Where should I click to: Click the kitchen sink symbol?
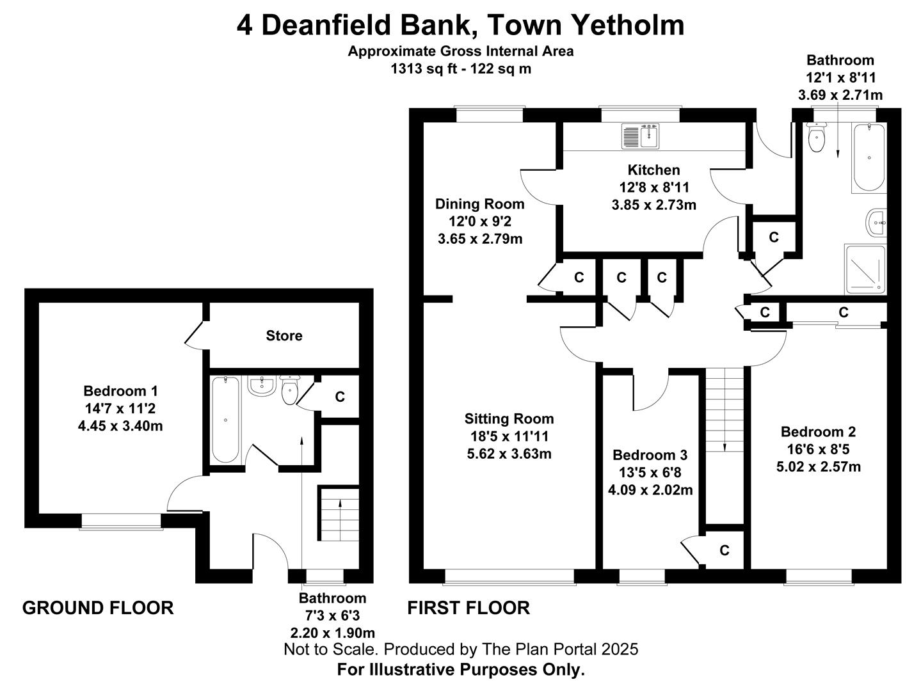tap(640, 136)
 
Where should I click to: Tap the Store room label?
tap(284, 335)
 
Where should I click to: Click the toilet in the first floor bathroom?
tap(816, 137)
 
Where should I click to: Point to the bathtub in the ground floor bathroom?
tap(226, 419)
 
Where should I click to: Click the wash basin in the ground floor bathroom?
tap(262, 386)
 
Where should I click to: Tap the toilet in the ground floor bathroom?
tap(289, 390)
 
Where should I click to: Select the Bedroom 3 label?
tap(650, 455)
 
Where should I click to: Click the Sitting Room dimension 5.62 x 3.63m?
tap(509, 454)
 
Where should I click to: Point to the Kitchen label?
tap(653, 170)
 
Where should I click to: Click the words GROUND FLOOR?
tap(98, 608)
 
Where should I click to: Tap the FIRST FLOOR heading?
tap(469, 608)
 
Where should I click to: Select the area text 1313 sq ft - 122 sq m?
tap(461, 68)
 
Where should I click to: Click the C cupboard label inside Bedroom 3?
tap(725, 550)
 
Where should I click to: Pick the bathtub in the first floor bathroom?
tap(869, 157)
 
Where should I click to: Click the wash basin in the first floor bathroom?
tap(876, 222)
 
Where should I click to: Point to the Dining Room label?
tap(479, 204)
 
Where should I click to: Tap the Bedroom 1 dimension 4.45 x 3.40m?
tap(120, 426)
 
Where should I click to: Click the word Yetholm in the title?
tap(628, 25)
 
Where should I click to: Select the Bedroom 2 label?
tap(818, 431)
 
